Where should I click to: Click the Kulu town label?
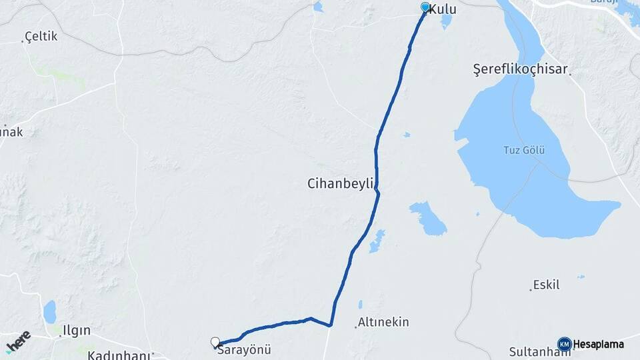click(443, 9)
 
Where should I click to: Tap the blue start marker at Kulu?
click(425, 7)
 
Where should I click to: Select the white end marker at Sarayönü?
click(215, 342)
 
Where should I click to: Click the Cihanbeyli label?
click(342, 183)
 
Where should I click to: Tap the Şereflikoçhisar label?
click(520, 69)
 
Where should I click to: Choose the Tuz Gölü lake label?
click(524, 150)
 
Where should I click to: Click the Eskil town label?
click(546, 285)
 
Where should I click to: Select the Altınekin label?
click(383, 323)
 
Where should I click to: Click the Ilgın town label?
click(75, 330)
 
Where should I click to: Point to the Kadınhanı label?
click(119, 355)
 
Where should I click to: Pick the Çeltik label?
click(41, 37)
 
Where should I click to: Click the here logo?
click(18, 341)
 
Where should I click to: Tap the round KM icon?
click(564, 344)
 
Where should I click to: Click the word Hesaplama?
click(599, 344)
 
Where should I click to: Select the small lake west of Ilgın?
click(49, 311)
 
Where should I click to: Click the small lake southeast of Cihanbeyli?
click(427, 219)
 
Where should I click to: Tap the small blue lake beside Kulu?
click(446, 21)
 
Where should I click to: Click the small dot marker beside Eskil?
click(531, 289)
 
